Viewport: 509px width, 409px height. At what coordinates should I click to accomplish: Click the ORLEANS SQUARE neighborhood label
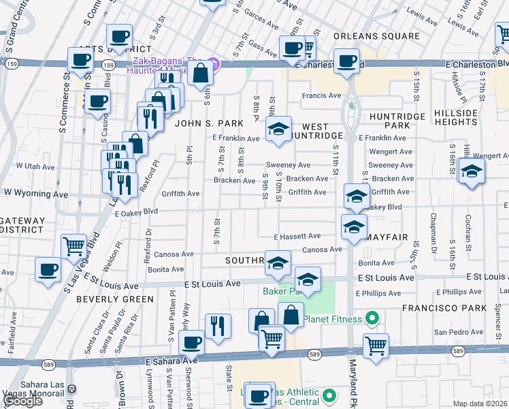click(376, 36)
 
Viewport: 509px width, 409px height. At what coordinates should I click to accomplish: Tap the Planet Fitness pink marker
click(372, 318)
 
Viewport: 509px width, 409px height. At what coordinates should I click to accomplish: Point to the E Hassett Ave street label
click(297, 237)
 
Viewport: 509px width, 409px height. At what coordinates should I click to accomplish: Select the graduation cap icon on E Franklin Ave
click(278, 129)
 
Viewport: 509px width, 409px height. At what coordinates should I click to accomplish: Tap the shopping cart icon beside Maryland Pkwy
click(375, 345)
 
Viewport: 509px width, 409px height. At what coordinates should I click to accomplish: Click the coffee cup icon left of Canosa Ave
click(48, 269)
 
